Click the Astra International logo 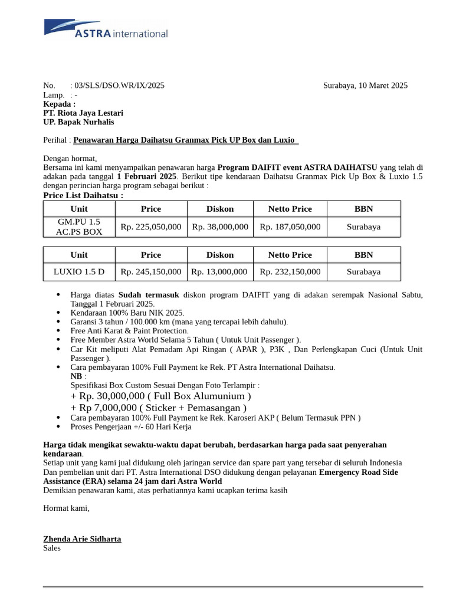[106, 29]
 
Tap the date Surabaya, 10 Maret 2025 [365, 86]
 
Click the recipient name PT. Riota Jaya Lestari [83, 113]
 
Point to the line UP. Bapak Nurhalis [78, 122]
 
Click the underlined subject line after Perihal [186, 140]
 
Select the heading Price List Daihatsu [83, 195]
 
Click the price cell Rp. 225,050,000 [151, 226]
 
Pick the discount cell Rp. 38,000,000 [219, 226]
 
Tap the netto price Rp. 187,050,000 [290, 226]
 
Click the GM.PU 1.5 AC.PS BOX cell [79, 226]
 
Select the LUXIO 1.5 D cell [79, 272]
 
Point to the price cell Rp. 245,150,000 [151, 272]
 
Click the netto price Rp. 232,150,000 [290, 272]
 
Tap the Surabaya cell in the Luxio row [363, 272]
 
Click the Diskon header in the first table [219, 209]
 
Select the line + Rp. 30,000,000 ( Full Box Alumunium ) [160, 396]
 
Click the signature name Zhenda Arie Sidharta [82, 539]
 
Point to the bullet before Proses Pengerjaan [58, 427]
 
